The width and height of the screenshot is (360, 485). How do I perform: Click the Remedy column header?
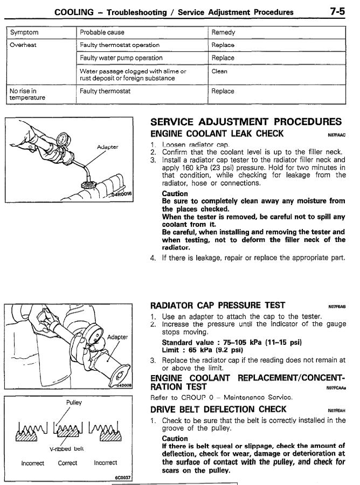coord(223,32)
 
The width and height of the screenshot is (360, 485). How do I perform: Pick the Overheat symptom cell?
coord(23,45)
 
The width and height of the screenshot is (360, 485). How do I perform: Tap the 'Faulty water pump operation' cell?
coord(121,58)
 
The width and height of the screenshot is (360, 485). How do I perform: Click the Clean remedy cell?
coord(219,71)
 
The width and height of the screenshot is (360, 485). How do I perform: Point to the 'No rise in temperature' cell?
coord(26,95)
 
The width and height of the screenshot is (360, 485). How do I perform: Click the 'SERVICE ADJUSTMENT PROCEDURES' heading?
coord(246,122)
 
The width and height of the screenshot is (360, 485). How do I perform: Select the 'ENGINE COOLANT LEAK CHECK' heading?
coord(217,134)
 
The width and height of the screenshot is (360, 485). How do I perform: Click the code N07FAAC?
coord(336,135)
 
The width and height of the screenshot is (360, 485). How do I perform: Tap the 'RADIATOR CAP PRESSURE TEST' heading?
coord(218,306)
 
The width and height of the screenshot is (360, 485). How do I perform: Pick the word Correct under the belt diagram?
coord(67,463)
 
